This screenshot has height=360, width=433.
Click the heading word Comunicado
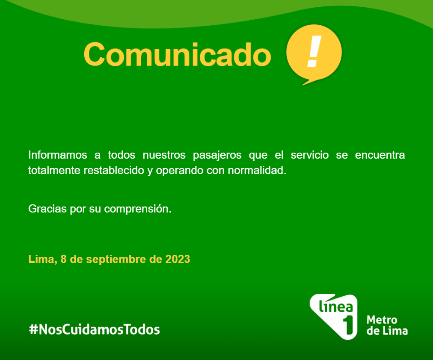(x=177, y=54)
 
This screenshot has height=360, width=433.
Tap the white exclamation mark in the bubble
(x=314, y=51)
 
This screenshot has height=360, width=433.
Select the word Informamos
(x=58, y=155)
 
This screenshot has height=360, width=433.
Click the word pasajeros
(x=217, y=156)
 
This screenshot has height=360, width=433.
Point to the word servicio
(x=310, y=155)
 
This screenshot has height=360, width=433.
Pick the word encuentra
(x=380, y=155)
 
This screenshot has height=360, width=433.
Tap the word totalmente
(x=54, y=171)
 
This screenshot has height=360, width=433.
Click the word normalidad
(x=257, y=171)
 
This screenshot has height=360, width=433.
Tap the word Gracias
(x=47, y=209)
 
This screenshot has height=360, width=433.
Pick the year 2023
(x=178, y=259)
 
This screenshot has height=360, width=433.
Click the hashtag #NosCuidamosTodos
(x=95, y=329)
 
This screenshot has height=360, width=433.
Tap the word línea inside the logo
(x=335, y=306)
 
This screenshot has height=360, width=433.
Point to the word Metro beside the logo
(x=382, y=320)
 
